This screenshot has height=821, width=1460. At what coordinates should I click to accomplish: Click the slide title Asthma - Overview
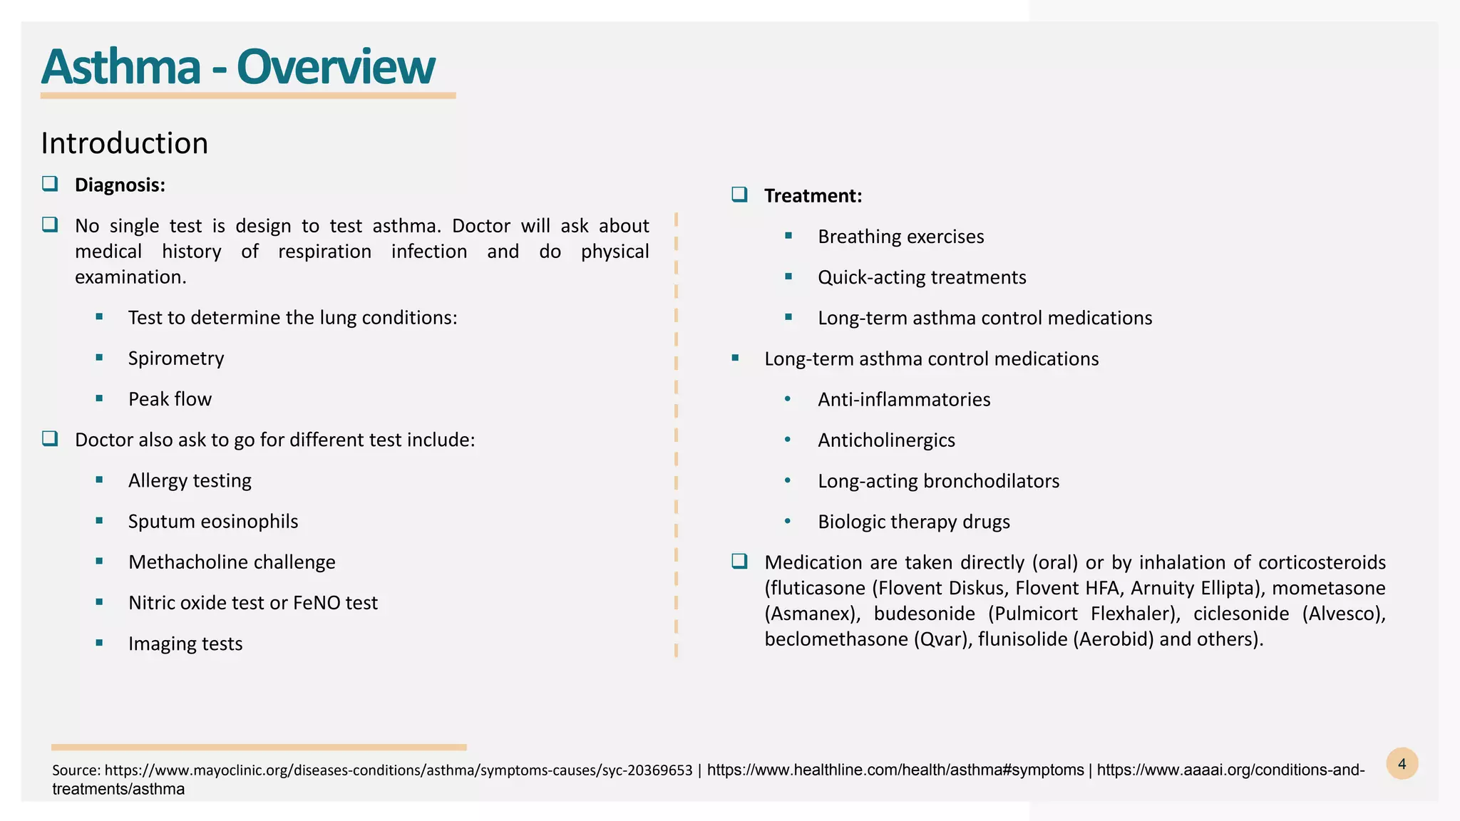pyautogui.click(x=237, y=67)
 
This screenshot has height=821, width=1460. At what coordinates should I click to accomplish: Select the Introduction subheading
pyautogui.click(x=125, y=143)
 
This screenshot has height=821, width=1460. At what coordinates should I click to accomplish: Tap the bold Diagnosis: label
pyautogui.click(x=120, y=185)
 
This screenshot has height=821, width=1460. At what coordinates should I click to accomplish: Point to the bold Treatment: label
pyautogui.click(x=813, y=196)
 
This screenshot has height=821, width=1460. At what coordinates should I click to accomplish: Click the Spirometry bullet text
pyautogui.click(x=176, y=358)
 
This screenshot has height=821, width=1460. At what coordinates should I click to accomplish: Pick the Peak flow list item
pyautogui.click(x=170, y=399)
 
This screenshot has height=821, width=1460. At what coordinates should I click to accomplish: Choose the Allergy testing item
pyautogui.click(x=190, y=480)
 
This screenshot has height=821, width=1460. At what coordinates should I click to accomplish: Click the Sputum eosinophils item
pyautogui.click(x=213, y=522)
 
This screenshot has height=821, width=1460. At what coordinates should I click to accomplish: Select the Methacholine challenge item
pyautogui.click(x=232, y=562)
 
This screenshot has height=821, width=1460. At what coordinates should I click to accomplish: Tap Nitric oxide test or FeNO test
pyautogui.click(x=253, y=603)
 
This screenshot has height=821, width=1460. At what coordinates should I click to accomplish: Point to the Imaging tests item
pyautogui.click(x=185, y=644)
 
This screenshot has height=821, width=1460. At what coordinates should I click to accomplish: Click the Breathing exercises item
pyautogui.click(x=900, y=237)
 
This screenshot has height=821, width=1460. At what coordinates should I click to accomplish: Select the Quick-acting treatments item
pyautogui.click(x=922, y=277)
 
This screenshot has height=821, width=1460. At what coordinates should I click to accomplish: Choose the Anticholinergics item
pyautogui.click(x=886, y=440)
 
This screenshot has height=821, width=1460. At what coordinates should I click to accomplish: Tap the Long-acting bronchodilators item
pyautogui.click(x=938, y=481)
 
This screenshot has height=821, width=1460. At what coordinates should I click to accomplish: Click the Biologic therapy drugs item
pyautogui.click(x=914, y=522)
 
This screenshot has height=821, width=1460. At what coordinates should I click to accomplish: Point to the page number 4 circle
pyautogui.click(x=1402, y=764)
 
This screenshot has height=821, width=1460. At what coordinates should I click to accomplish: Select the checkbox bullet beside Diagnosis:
pyautogui.click(x=50, y=184)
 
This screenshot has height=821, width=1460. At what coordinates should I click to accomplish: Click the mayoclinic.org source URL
pyautogui.click(x=398, y=770)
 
